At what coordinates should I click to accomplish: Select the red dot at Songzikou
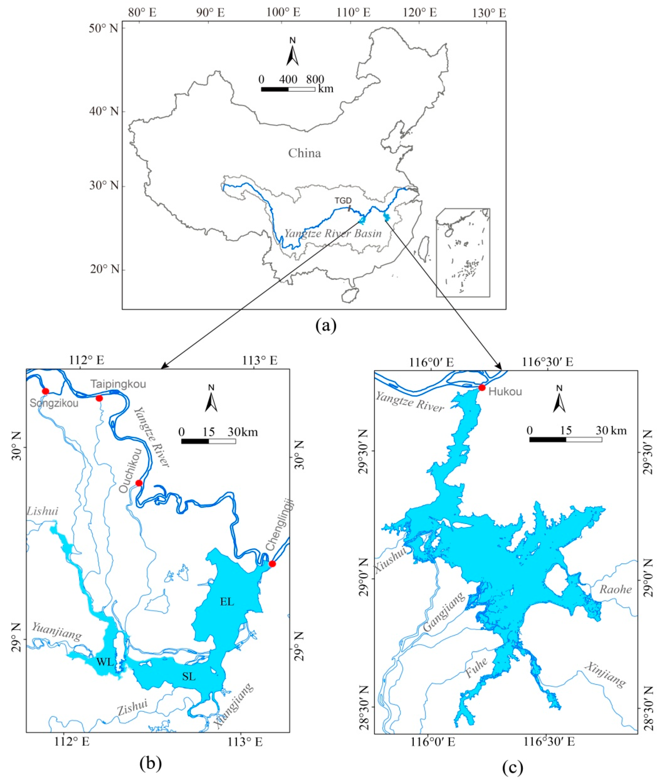(45, 391)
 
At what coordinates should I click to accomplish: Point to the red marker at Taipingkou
(99, 398)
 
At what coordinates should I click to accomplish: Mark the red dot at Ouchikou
(139, 483)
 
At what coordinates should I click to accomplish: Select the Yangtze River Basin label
(333, 233)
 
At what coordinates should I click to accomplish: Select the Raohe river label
(616, 589)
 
